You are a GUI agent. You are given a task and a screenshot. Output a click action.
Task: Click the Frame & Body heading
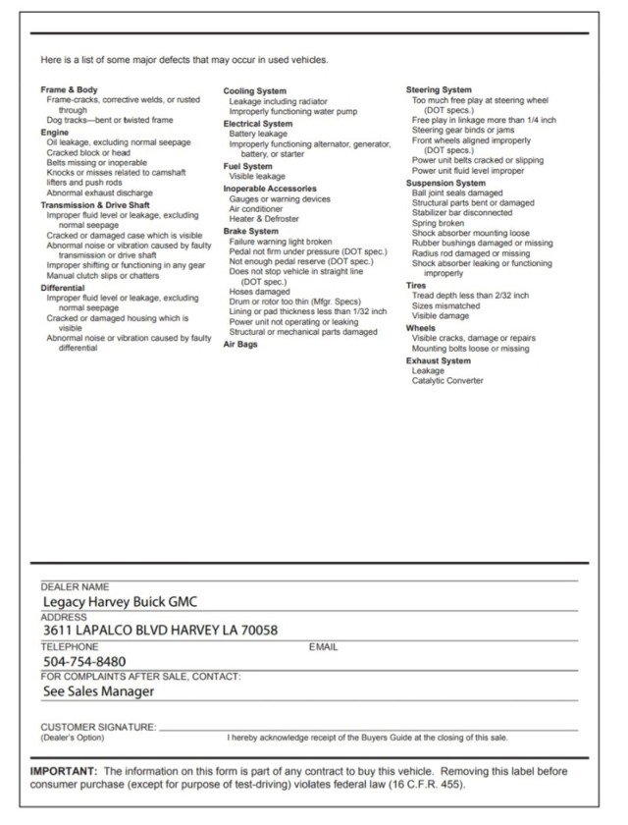tap(69, 90)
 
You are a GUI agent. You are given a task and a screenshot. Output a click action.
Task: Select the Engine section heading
tap(55, 132)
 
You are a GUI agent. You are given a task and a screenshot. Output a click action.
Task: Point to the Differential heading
tap(63, 288)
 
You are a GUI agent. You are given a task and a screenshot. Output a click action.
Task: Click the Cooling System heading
tap(255, 91)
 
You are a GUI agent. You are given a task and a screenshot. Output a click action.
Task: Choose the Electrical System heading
tap(258, 124)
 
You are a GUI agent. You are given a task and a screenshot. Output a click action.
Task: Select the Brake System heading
tap(251, 231)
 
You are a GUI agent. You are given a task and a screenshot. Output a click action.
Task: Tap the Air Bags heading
tap(240, 345)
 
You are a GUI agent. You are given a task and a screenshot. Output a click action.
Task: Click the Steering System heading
tap(439, 90)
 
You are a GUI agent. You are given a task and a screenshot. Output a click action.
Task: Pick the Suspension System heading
tap(445, 183)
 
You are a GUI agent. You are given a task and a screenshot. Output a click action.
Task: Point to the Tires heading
tap(416, 285)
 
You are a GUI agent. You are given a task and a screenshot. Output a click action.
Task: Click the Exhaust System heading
tap(439, 360)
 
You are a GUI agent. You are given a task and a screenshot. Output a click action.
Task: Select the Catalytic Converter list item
tap(447, 381)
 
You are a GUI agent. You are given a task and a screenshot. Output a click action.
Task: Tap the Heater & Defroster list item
tap(264, 219)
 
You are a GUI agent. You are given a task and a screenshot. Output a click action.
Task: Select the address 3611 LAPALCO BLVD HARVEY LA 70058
tap(160, 631)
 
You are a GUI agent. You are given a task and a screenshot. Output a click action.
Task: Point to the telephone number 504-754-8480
tap(84, 661)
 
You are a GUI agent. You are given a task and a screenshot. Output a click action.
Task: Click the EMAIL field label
tap(323, 647)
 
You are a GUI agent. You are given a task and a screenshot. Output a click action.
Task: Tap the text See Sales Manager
tap(98, 690)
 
